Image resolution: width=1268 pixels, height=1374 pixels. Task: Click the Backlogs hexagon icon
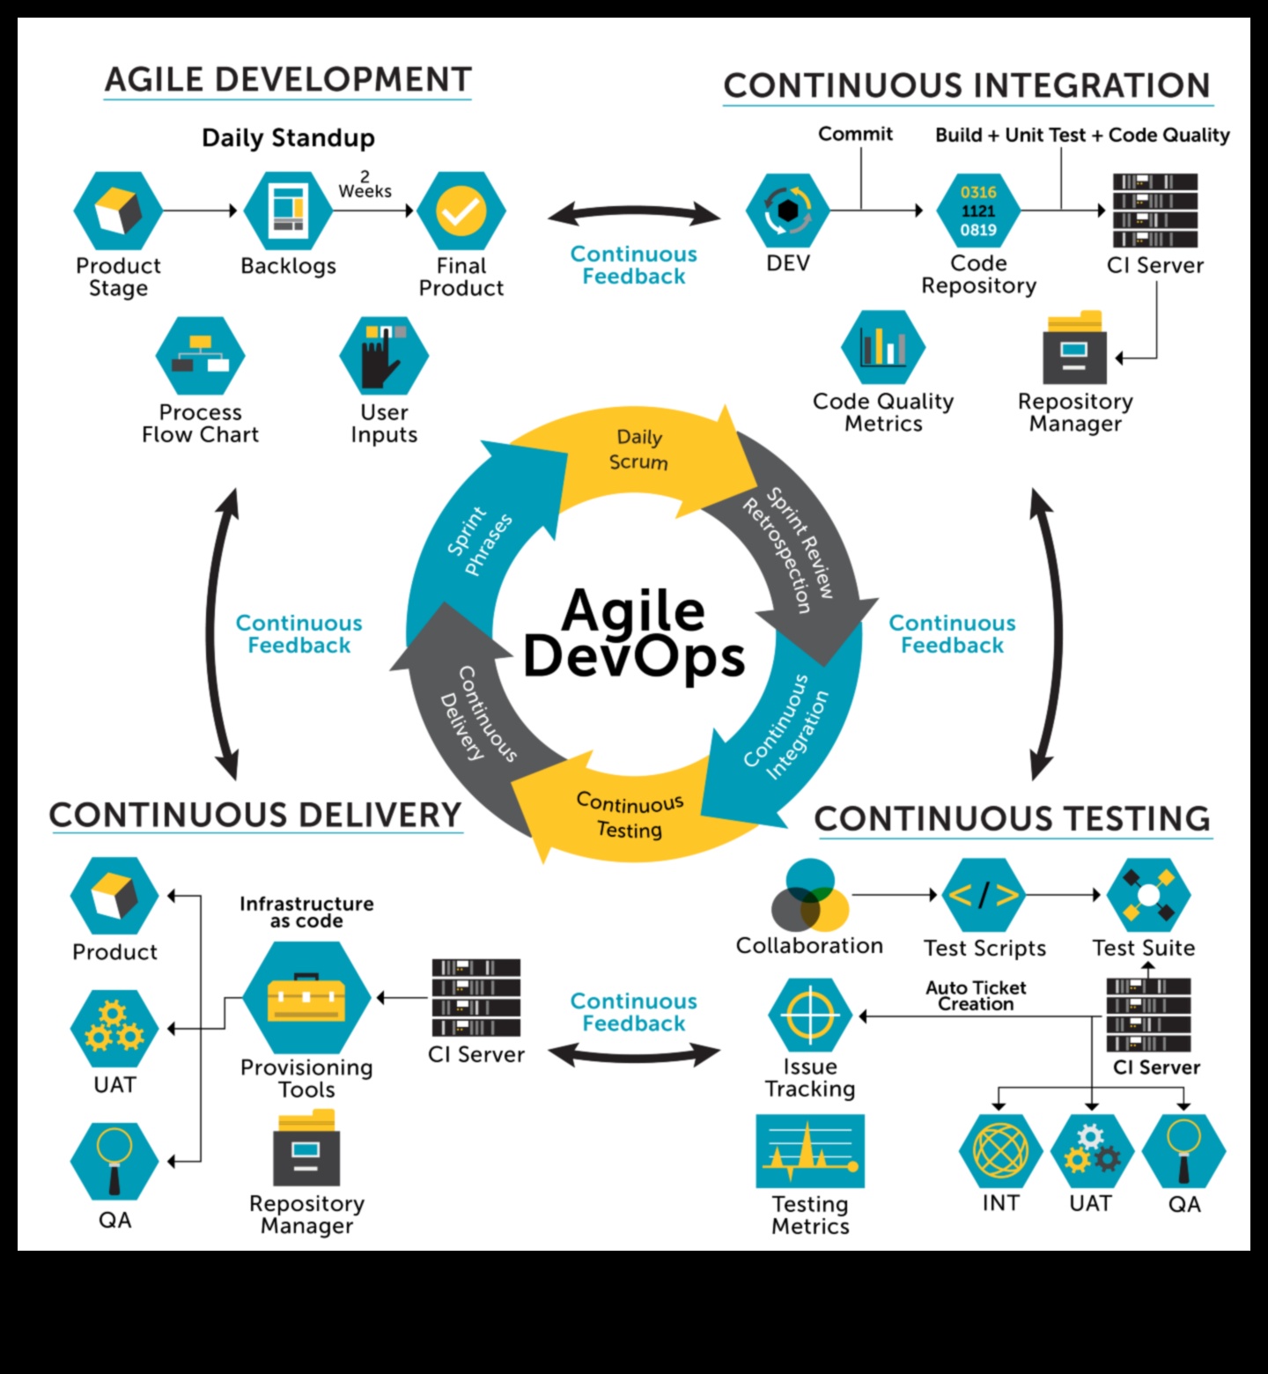coord(288,211)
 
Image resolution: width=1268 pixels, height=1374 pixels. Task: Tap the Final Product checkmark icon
coord(461,211)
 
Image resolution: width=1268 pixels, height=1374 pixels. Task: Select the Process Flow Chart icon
coord(200,356)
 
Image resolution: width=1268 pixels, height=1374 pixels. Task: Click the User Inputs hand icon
coord(383,355)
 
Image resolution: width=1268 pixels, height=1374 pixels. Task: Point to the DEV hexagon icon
coord(787,211)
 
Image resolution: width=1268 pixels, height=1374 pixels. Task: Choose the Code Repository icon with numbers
coord(978,211)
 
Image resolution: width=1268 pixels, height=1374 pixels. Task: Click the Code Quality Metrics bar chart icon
coord(883,346)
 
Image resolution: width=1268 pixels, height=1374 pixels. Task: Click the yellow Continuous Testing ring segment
coord(630,815)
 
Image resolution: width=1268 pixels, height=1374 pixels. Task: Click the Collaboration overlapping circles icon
coord(809,896)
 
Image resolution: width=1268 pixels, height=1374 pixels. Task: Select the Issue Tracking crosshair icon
coord(809,1015)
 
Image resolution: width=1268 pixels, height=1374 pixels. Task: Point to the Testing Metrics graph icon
coord(810,1151)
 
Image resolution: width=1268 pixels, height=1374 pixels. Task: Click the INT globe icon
coord(1000,1150)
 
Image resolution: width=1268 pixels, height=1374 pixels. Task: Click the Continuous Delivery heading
coord(255,816)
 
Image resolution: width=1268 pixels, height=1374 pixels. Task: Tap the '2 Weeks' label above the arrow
coord(365,184)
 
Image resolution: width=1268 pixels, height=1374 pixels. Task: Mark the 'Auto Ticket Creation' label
coord(976,996)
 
